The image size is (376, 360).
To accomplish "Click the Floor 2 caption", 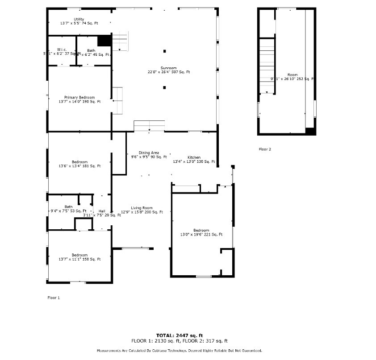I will coord(265,149).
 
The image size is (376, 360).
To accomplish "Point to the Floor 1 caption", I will coord(53,297).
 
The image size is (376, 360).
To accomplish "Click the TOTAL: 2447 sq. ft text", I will coord(180,335).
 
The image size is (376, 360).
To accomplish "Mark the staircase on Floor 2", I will coord(267,65).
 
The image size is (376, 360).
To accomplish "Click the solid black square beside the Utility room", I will coord(104,40).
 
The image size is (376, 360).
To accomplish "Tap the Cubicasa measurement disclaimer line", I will coord(179,351).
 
